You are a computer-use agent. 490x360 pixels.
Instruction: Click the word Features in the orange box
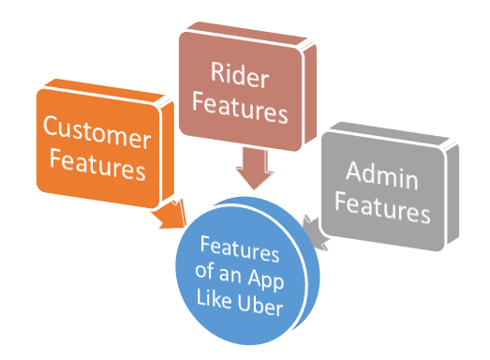pos(97,170)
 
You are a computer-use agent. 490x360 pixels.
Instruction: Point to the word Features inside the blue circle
pos(241,251)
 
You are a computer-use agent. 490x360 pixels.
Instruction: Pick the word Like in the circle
pos(221,308)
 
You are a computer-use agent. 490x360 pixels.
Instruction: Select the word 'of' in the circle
pos(213,279)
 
